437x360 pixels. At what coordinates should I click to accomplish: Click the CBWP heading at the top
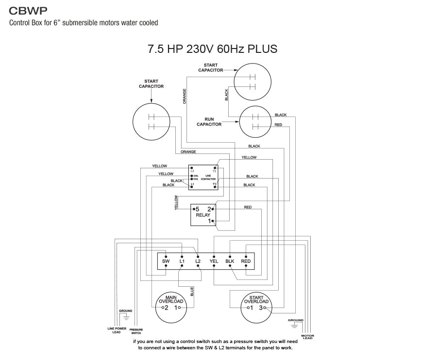pyautogui.click(x=29, y=10)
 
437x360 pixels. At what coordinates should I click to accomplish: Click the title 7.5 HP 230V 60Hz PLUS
pyautogui.click(x=212, y=49)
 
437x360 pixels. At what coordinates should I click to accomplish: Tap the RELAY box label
pyautogui.click(x=203, y=214)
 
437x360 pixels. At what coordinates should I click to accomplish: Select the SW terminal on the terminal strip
pyautogui.click(x=166, y=262)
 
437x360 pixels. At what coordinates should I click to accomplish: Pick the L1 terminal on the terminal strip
pyautogui.click(x=182, y=262)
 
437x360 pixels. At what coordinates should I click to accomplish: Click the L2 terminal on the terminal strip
pyautogui.click(x=198, y=262)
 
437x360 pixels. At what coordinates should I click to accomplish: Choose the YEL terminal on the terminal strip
pyautogui.click(x=214, y=262)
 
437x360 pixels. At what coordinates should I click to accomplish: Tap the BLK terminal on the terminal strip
pyautogui.click(x=230, y=262)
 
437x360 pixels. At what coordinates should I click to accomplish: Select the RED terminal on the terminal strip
pyautogui.click(x=246, y=262)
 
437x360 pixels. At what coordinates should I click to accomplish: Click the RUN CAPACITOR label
pyautogui.click(x=209, y=122)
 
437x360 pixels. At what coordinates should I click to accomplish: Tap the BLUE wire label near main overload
pyautogui.click(x=192, y=292)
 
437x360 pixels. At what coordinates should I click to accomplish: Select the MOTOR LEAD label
pyautogui.click(x=307, y=337)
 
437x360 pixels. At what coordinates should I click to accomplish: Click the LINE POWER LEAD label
pyautogui.click(x=117, y=330)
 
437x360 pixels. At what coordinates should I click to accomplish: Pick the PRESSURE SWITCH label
pyautogui.click(x=136, y=331)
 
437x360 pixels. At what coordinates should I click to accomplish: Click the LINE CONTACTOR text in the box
pyautogui.click(x=208, y=178)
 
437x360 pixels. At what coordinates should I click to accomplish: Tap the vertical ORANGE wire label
pyautogui.click(x=185, y=96)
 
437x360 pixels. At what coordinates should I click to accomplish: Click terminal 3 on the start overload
pyautogui.click(x=261, y=308)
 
